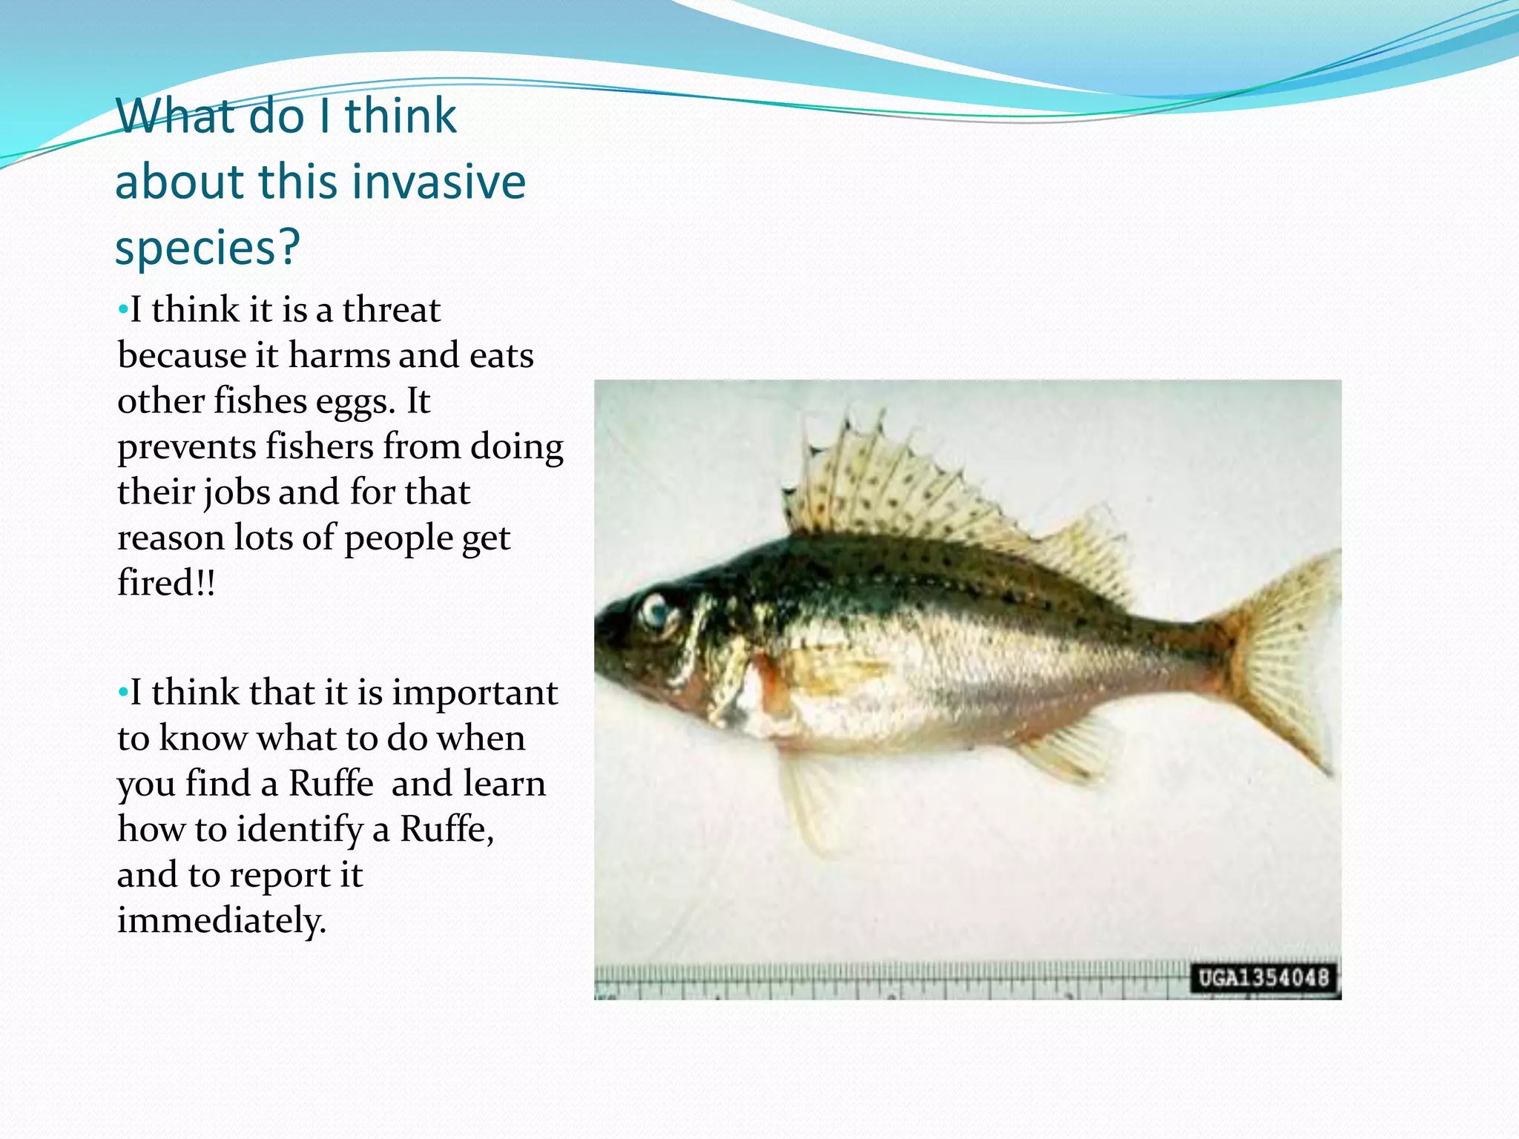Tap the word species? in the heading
point(207,247)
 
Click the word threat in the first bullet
point(391,309)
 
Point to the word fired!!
point(166,583)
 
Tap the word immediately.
point(221,920)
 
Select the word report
point(280,875)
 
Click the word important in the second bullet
point(475,693)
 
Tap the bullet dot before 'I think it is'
point(123,310)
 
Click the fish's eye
point(656,610)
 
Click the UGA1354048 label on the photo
point(1263,978)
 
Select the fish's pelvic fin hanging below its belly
point(808,801)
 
